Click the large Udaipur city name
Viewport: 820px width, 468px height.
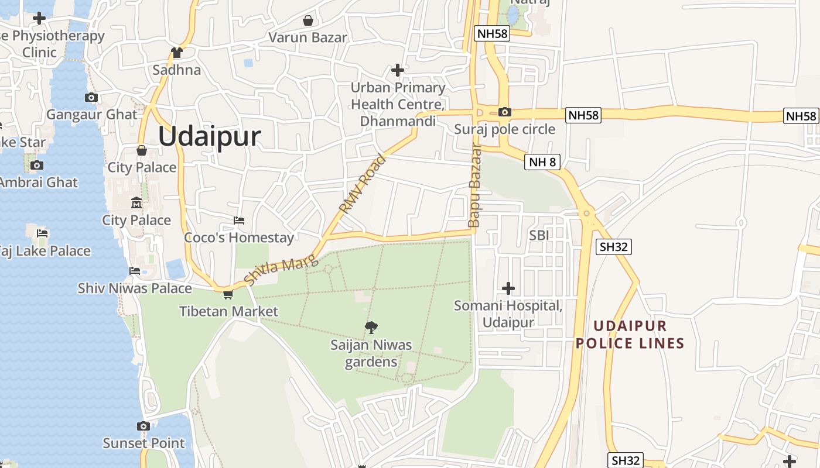click(x=209, y=137)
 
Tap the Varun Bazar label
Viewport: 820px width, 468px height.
click(x=307, y=37)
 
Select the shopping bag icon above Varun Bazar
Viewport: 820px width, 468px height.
click(x=307, y=21)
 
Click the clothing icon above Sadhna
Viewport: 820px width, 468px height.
click(x=177, y=53)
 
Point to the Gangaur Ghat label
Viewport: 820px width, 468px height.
click(x=91, y=114)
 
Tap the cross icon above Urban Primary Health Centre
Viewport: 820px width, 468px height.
click(x=398, y=71)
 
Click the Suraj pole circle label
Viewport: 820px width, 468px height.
click(x=504, y=129)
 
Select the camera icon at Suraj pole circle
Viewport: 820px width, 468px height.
click(x=504, y=112)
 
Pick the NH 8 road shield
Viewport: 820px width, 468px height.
click(x=542, y=161)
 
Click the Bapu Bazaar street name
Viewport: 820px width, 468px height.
click(x=474, y=185)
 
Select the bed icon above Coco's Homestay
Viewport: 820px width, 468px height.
click(x=239, y=221)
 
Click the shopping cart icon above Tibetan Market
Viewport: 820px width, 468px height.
click(x=228, y=294)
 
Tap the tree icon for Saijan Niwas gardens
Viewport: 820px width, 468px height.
click(x=371, y=328)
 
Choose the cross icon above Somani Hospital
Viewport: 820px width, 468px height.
click(x=508, y=288)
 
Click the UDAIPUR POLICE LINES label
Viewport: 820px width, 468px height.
click(x=630, y=335)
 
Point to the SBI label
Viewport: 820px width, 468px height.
click(x=539, y=235)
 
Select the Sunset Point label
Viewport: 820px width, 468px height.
click(x=143, y=443)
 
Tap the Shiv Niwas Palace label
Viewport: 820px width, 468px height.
click(x=135, y=288)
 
